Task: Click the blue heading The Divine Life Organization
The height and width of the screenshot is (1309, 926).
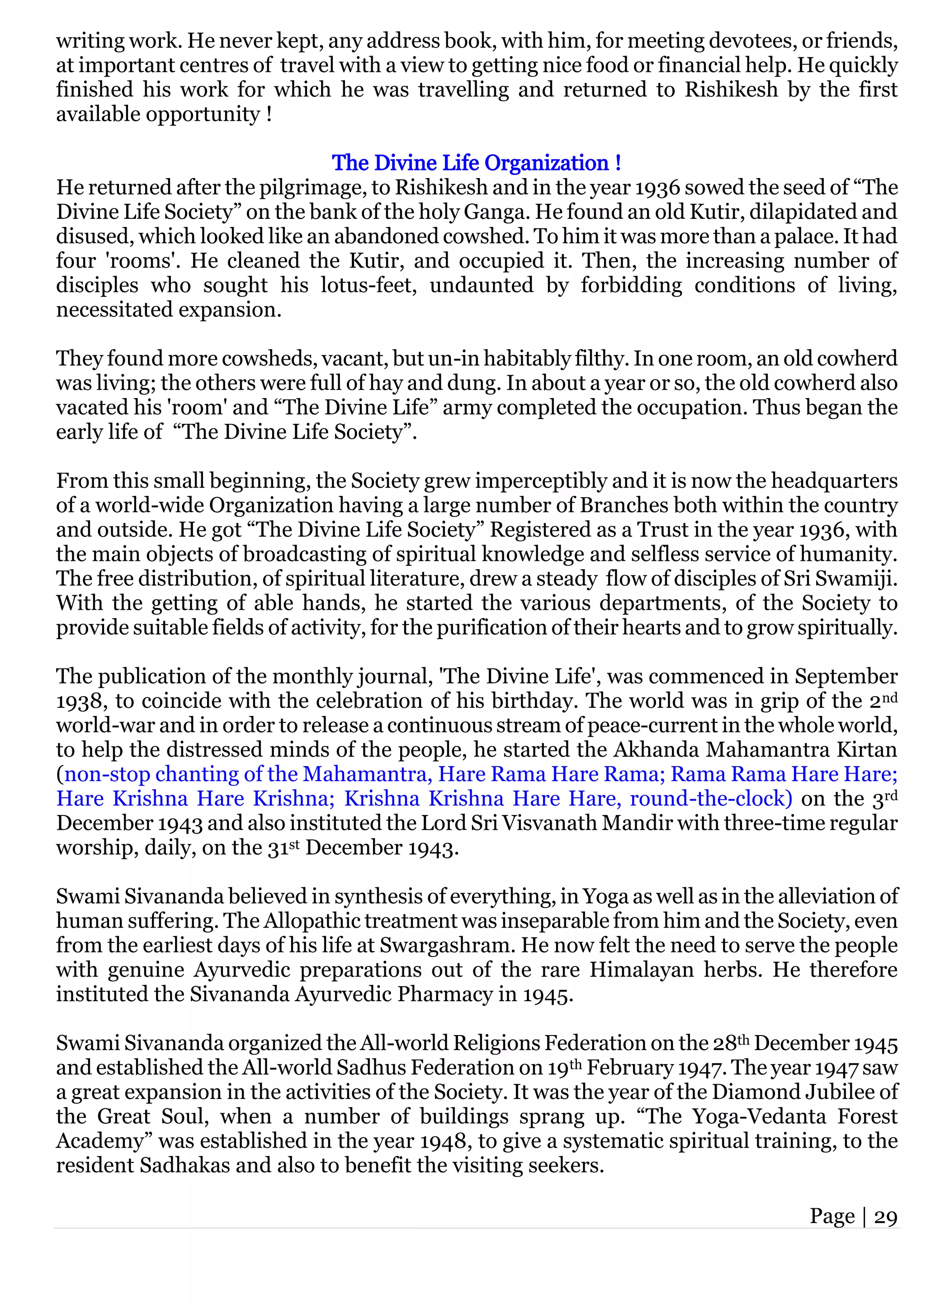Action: tap(476, 163)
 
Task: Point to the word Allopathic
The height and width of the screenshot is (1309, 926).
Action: tap(312, 921)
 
